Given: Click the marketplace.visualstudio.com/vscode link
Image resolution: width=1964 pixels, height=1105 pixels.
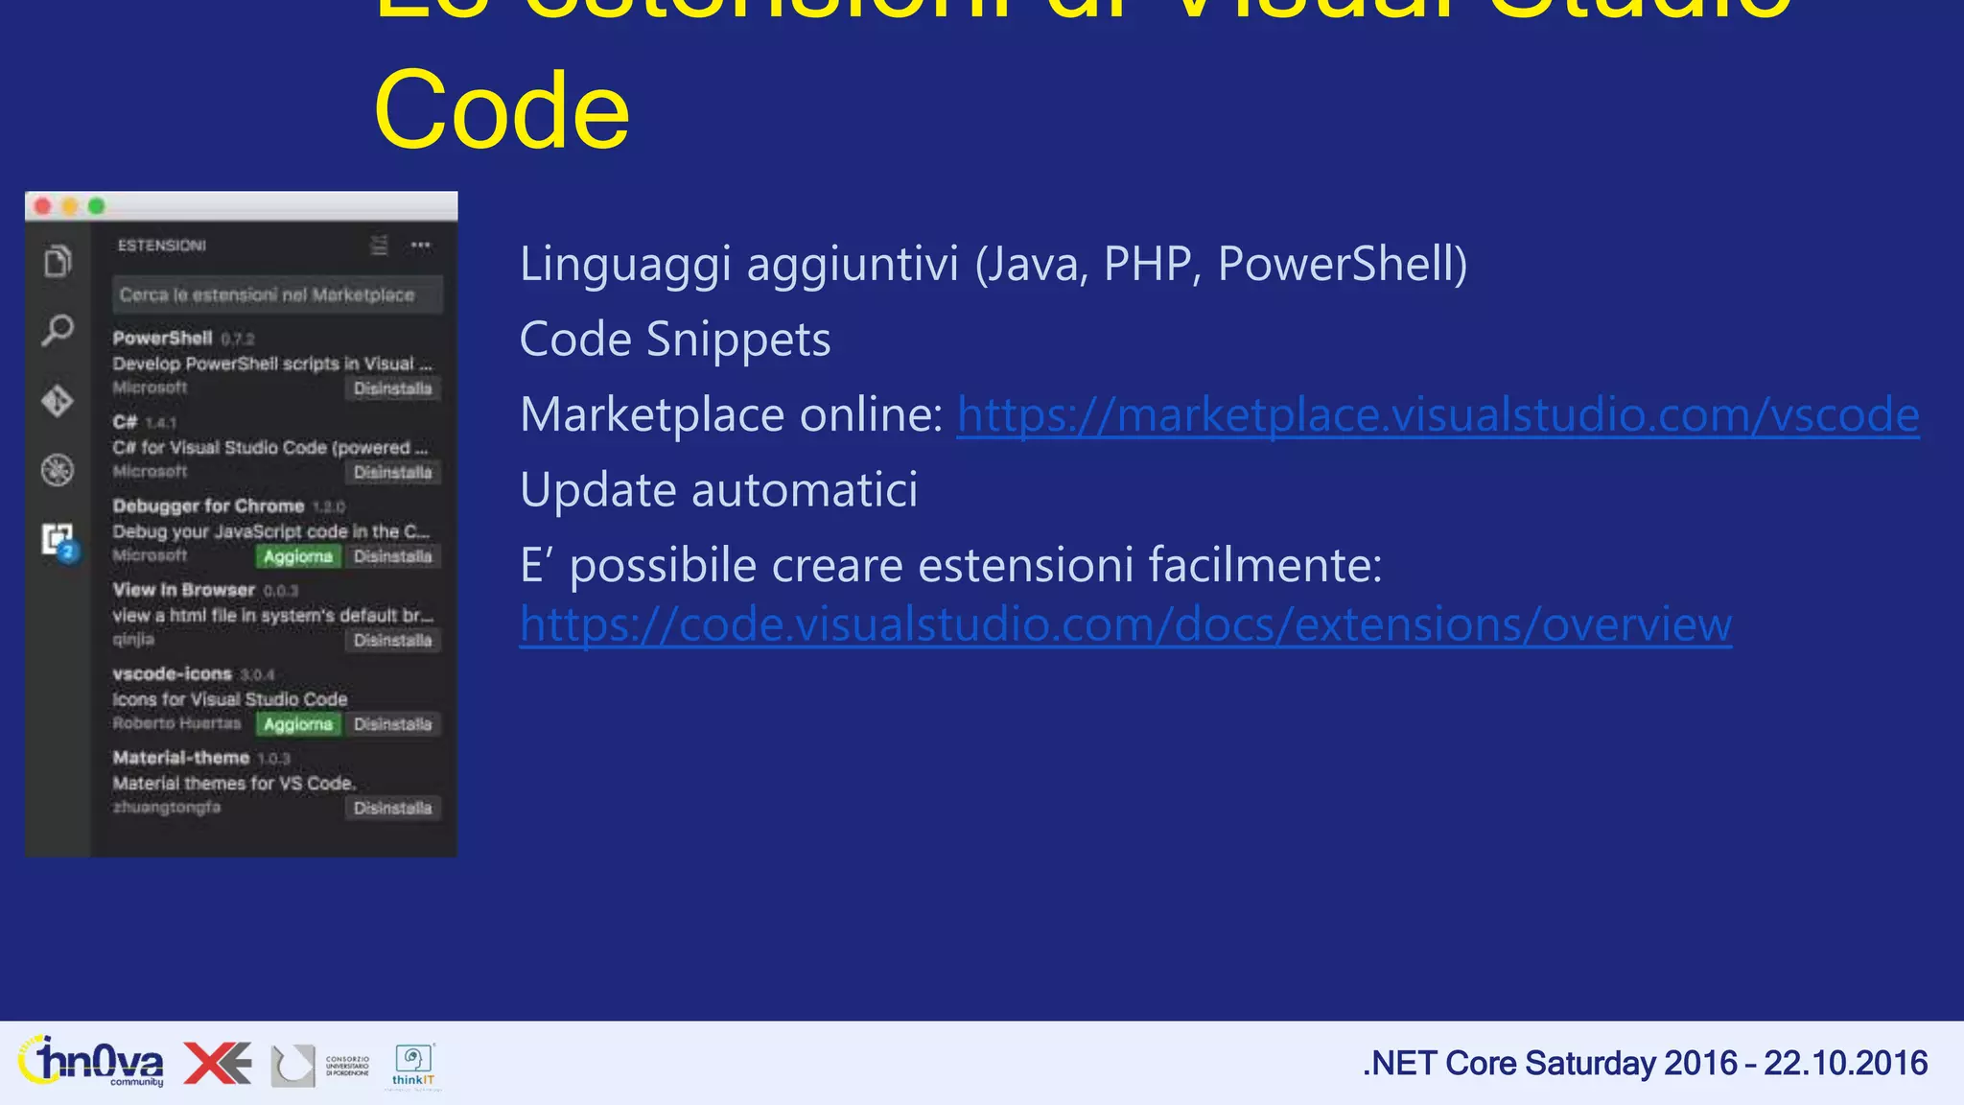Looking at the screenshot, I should coord(1438,415).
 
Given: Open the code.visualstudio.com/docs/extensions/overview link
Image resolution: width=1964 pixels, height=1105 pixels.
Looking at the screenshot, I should coord(1125,624).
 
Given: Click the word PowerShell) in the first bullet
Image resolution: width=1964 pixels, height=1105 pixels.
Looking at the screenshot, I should coord(1343,264).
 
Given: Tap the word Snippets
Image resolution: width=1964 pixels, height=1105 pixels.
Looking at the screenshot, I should coord(738,340).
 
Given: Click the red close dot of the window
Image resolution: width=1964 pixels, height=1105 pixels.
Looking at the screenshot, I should coord(43,206).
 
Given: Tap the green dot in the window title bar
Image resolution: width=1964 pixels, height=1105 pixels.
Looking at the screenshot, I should coord(97,206).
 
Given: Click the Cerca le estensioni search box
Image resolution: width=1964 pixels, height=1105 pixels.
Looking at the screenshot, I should coord(277,294).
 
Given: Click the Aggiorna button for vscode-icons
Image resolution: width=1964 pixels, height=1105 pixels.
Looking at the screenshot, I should coord(298,724).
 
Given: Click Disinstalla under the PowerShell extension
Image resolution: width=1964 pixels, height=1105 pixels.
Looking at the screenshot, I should coord(392,388).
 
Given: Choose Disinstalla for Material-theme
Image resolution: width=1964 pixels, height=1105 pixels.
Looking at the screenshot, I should coord(392,808).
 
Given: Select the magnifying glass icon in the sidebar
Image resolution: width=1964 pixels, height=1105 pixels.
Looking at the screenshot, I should coord(58,331).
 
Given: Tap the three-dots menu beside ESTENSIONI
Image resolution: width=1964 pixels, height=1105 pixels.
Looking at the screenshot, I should coord(421,246).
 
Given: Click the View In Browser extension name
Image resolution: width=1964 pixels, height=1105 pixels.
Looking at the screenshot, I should coord(184,590).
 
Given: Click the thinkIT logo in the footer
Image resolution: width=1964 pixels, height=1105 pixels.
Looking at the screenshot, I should coord(413,1066).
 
